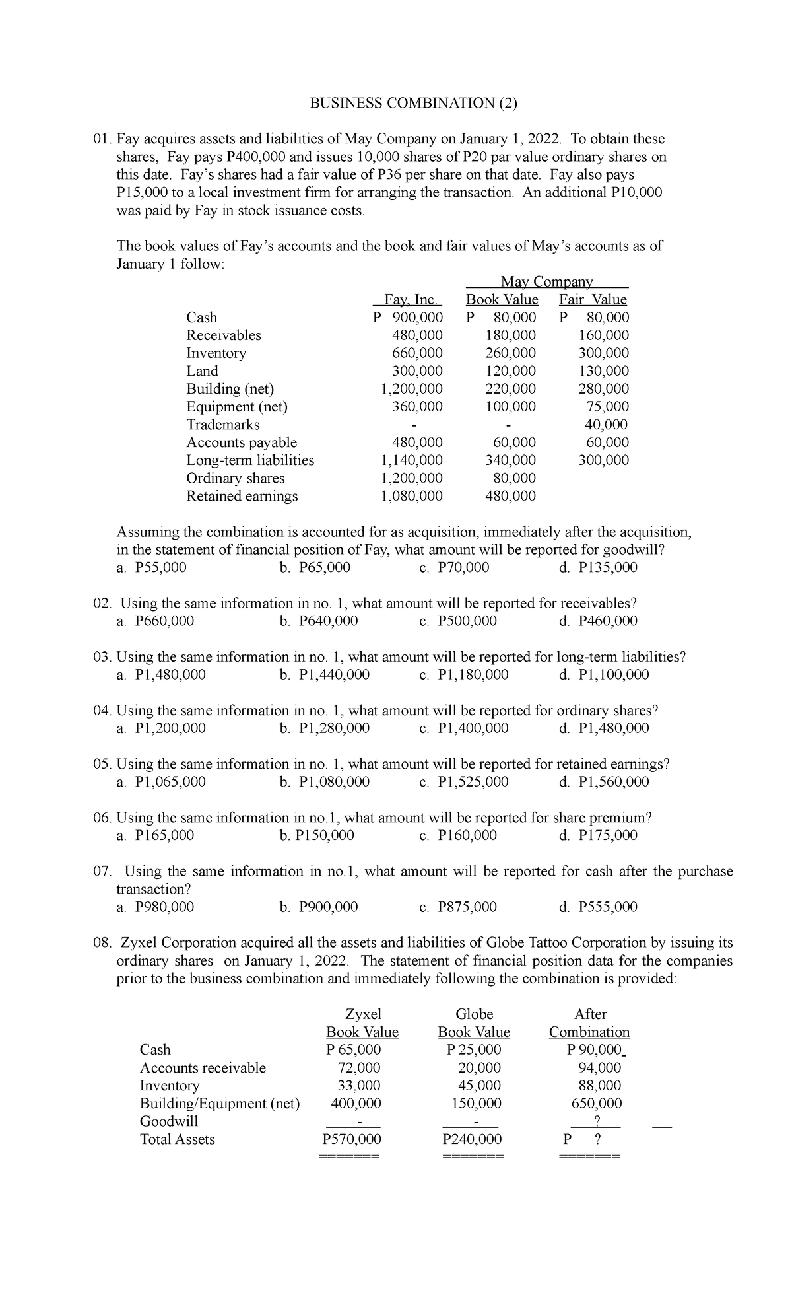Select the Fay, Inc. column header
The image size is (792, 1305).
click(x=409, y=300)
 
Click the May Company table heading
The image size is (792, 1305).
click(x=547, y=282)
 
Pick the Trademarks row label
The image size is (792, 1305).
click(x=223, y=425)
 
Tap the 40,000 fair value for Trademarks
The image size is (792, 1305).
click(x=607, y=425)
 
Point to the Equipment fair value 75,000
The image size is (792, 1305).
click(x=607, y=407)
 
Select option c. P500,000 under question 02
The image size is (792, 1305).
click(x=459, y=621)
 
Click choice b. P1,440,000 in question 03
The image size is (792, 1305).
click(x=324, y=674)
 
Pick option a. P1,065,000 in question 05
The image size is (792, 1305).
click(x=161, y=781)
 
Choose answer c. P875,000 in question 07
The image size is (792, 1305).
click(x=459, y=906)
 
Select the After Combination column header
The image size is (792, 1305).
click(x=589, y=1022)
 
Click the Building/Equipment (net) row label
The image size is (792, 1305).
click(x=220, y=1103)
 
